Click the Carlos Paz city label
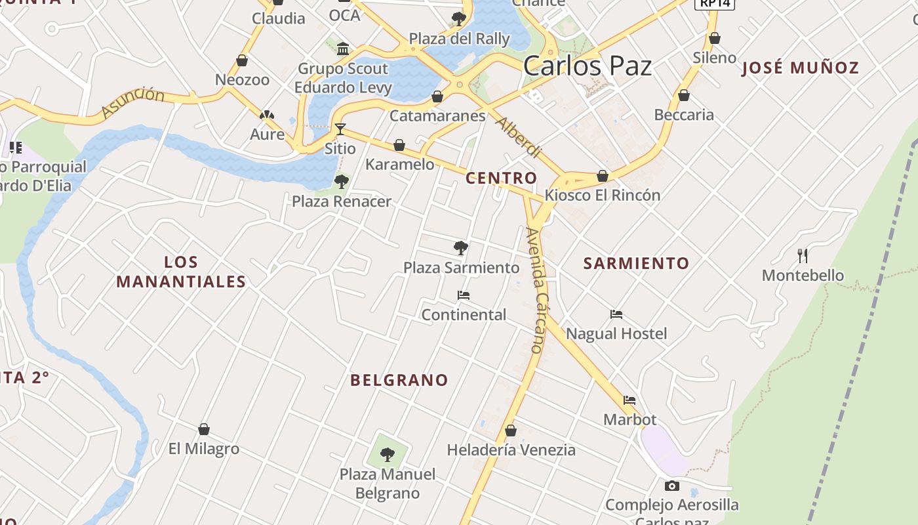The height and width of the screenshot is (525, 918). [588, 66]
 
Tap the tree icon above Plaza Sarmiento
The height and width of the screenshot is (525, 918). [461, 248]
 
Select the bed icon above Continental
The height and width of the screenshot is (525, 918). [464, 295]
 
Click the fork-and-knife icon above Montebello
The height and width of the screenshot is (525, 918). [803, 255]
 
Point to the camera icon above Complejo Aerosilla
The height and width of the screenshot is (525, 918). [671, 486]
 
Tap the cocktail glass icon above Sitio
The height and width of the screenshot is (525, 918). [340, 129]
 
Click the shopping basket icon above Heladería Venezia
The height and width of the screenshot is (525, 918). [511, 431]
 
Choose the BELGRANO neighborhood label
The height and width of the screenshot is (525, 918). [399, 380]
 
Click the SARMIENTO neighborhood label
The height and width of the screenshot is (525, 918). [636, 264]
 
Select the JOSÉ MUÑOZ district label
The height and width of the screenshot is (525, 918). [800, 68]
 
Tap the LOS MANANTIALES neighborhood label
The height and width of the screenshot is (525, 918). [181, 272]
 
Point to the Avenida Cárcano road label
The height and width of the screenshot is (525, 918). [536, 290]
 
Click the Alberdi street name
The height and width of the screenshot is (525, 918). [518, 137]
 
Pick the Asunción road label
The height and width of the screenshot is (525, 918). [134, 102]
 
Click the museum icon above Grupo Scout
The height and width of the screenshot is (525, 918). [343, 49]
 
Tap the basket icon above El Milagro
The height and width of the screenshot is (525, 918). [204, 430]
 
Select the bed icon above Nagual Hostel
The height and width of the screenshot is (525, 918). [616, 314]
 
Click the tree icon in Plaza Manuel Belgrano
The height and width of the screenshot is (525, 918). [388, 454]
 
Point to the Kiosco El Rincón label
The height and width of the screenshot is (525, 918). [602, 195]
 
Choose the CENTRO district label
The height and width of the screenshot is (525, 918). [501, 178]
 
